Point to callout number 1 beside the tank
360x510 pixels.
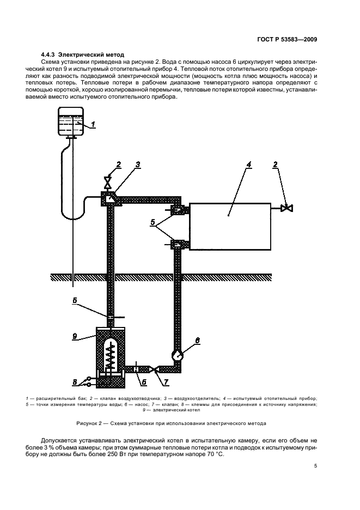tap(94, 125)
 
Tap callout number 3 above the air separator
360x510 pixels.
tap(138, 164)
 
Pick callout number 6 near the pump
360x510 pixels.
tap(197, 341)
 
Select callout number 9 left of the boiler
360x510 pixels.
tap(75, 336)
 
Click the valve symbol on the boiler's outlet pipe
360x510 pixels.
tap(155, 370)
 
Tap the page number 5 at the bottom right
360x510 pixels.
tap(315, 465)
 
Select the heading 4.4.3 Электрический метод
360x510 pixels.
tap(83, 54)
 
